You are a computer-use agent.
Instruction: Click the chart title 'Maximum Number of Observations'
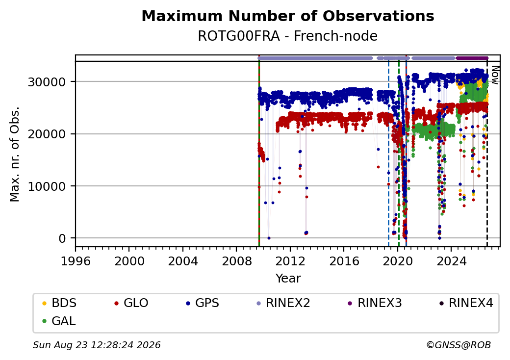pos(288,16)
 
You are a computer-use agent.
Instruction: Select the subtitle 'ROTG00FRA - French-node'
pos(288,36)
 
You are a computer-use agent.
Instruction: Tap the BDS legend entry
pos(59,303)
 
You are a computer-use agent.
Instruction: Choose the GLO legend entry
pos(131,303)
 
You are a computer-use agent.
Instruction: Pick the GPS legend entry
pos(203,303)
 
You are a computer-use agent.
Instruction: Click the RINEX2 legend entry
pos(283,303)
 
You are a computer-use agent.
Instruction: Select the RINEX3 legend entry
pos(375,303)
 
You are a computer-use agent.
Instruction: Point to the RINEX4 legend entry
pos(466,303)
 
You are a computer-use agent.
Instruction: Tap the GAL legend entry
pos(59,321)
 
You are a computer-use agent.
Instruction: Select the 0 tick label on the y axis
pos(62,239)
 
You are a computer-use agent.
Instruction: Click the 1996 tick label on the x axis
pos(76,261)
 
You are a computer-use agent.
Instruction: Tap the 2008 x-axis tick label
pos(236,261)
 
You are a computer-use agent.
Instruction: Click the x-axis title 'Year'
pos(288,279)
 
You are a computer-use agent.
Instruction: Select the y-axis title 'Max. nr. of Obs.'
pos(15,154)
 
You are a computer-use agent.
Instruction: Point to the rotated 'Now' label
pos(495,75)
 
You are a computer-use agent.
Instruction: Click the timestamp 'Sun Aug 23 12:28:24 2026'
pos(97,345)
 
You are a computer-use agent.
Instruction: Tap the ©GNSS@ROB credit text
pos(459,345)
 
